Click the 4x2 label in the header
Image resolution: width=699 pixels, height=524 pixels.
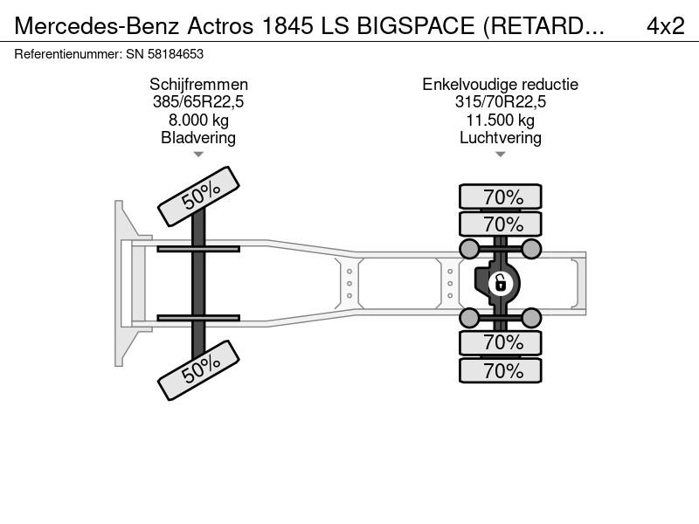pos(665,26)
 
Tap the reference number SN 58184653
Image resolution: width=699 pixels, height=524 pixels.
pos(164,54)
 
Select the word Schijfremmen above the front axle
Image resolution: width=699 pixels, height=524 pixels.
pos(198,84)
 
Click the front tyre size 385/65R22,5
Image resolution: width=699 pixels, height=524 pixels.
pos(198,101)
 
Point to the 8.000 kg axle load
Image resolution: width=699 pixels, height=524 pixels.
pos(198,120)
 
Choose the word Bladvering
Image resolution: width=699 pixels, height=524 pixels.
pos(198,138)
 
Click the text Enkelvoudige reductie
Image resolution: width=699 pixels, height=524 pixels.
pos(500,84)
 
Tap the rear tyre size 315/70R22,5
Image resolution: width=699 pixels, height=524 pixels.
pos(500,101)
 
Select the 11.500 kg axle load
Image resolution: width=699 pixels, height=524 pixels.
pos(500,120)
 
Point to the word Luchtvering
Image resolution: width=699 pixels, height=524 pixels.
pos(500,138)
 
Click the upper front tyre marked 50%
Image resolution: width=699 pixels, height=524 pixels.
pos(199,196)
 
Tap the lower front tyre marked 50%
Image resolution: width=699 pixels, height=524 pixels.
pos(199,370)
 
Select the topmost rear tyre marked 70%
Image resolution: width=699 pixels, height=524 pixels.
pos(500,196)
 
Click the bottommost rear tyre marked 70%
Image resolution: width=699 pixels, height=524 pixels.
pos(500,370)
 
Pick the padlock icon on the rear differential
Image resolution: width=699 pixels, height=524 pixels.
pos(500,283)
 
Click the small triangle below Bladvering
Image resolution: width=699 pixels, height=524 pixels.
pos(198,155)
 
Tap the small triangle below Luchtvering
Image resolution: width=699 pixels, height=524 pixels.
pos(500,155)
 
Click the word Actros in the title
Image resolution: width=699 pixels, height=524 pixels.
pos(220,26)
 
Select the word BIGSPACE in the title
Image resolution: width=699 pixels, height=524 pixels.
pos(416,26)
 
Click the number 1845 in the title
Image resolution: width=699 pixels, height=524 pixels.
pos(287,26)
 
